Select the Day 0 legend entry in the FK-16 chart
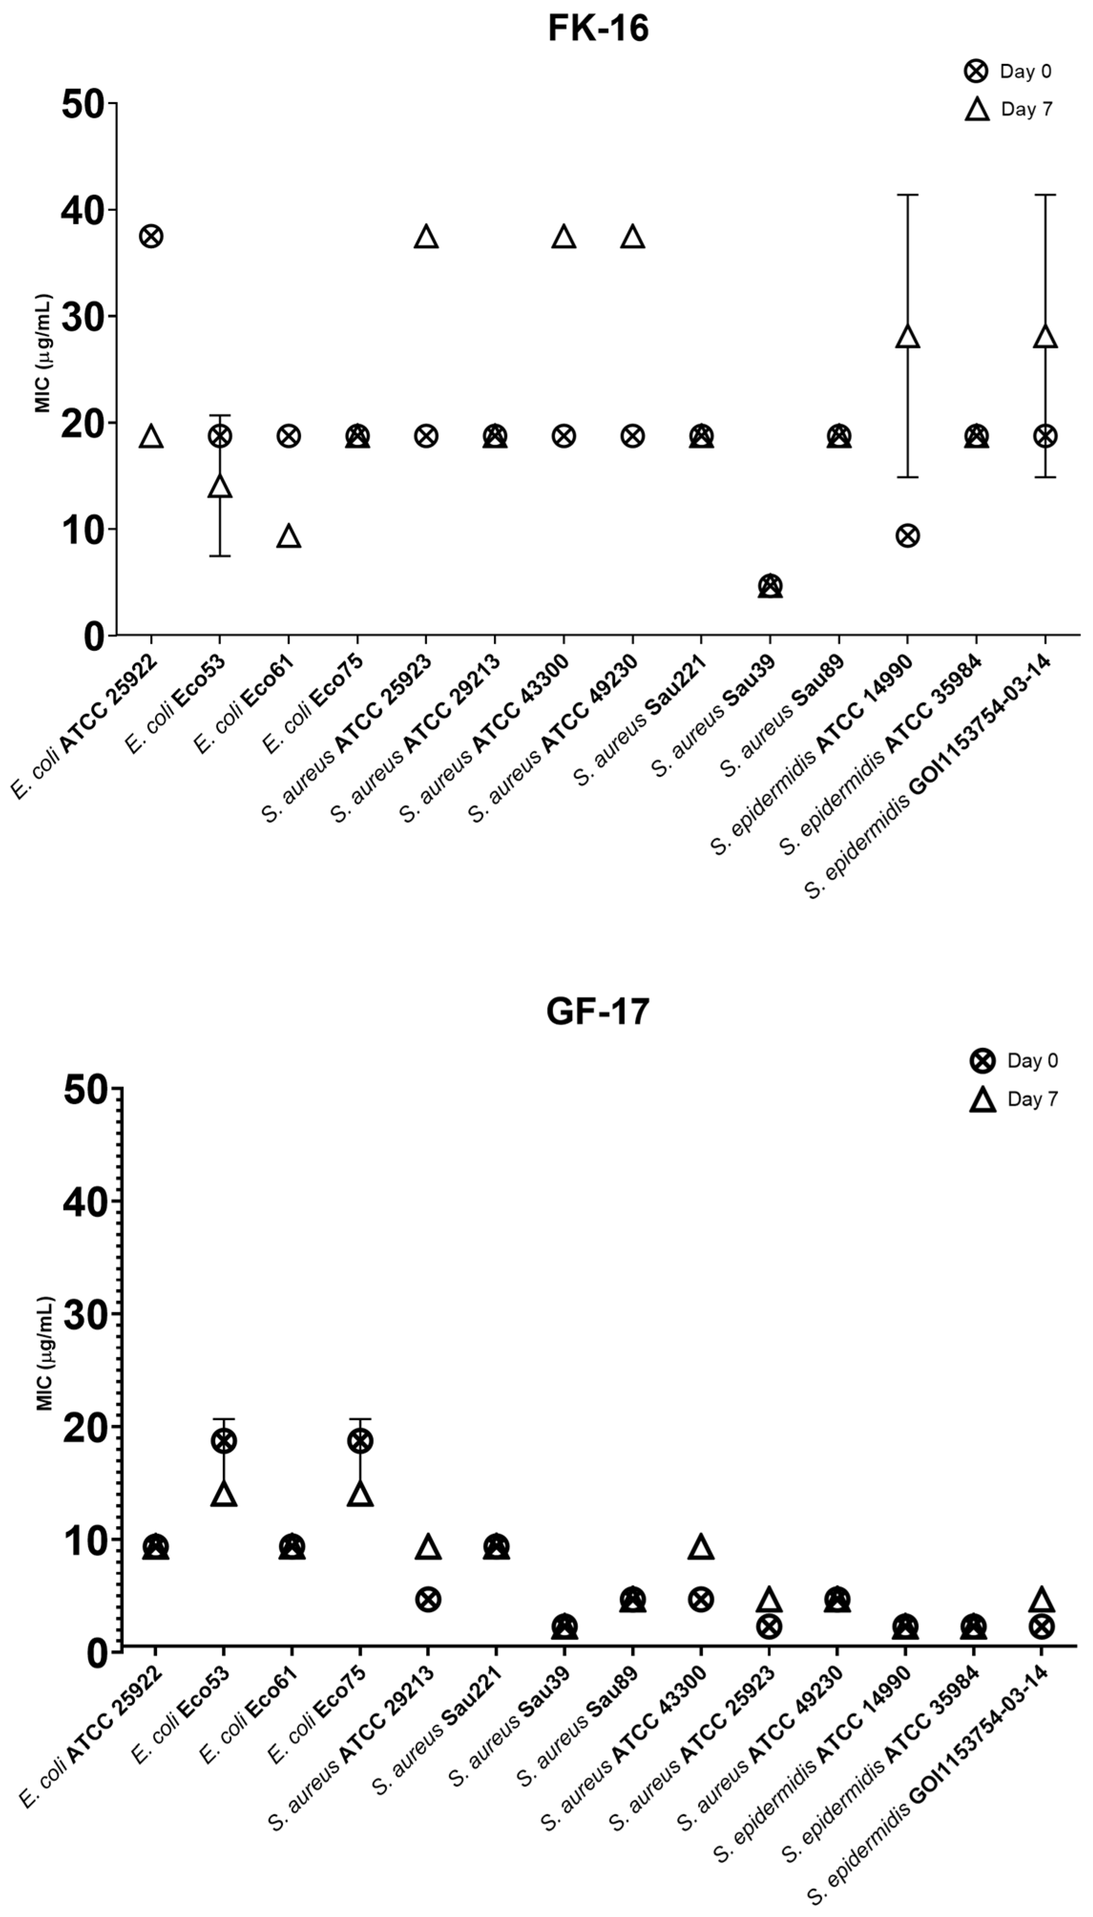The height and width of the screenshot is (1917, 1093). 1008,71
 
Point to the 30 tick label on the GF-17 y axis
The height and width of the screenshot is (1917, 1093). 85,1314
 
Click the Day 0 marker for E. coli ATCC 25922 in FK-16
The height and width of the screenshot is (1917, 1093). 151,236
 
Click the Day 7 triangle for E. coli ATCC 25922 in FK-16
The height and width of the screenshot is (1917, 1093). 151,436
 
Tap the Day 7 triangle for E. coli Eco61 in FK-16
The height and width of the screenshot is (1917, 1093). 289,536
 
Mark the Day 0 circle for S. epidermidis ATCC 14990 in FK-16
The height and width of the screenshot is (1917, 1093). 907,535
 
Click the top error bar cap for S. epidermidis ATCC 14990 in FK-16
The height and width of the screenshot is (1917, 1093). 907,195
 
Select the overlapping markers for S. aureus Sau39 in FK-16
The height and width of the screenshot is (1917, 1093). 770,586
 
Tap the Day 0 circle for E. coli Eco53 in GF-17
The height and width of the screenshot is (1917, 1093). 224,1441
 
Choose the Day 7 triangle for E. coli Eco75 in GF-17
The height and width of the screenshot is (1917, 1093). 360,1494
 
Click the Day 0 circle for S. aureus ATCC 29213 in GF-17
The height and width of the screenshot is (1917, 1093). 428,1599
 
